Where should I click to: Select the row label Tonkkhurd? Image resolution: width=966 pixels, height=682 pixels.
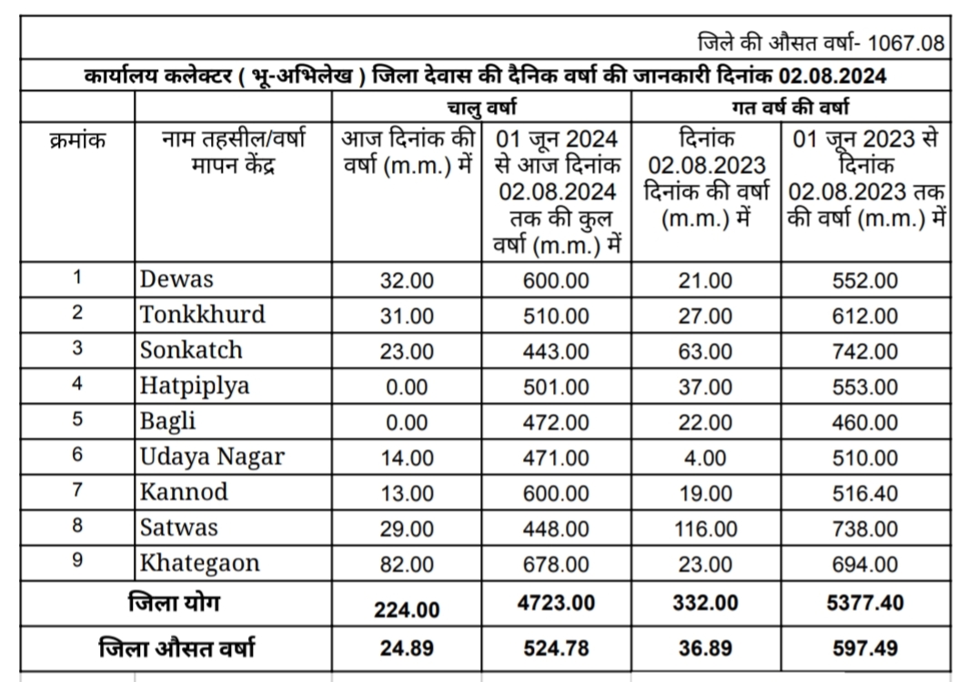202,315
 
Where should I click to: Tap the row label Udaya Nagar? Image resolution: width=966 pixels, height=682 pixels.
212,456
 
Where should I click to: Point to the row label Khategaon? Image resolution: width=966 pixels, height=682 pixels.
199,563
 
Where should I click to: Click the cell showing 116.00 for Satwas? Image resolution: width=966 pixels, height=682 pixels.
705,528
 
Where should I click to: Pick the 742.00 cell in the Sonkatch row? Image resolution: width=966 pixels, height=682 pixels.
864,351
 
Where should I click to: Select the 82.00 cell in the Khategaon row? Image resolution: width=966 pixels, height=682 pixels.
407,564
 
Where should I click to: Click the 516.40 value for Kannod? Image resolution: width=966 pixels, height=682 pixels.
864,493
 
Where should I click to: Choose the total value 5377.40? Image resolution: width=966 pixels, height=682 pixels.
864,604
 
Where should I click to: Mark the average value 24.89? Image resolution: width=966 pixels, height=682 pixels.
407,649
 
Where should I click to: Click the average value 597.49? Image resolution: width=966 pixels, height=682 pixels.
864,648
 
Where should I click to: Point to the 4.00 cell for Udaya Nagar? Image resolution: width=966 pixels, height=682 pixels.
705,457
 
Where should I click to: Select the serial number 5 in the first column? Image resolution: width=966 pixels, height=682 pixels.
77,421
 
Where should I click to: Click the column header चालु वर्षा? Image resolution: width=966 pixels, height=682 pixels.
482,107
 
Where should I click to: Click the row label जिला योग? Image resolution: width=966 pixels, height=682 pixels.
174,604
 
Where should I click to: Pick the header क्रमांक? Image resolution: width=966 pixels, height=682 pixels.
77,141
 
